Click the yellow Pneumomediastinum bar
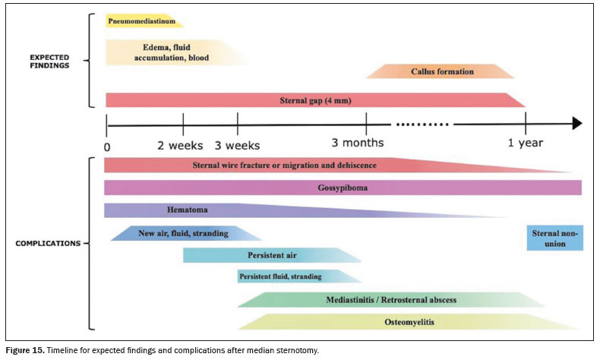coord(144,21)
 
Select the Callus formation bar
coord(440,71)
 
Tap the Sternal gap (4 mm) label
coord(315,100)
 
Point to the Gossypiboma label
coord(343,188)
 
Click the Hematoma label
coord(187,210)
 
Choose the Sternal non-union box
coord(555,238)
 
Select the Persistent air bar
coord(272,255)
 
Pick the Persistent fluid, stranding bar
coord(299,276)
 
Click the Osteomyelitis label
coord(409,322)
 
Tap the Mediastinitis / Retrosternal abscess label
coord(391,300)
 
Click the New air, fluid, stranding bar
coord(186,233)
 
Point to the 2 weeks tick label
coord(180,146)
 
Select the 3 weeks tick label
coord(237,146)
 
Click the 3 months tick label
coord(358,143)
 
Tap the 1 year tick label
coord(526,143)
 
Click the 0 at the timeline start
coord(107,147)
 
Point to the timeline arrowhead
coord(577,124)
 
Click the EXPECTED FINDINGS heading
coord(49,62)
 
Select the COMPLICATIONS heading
coord(48,243)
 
